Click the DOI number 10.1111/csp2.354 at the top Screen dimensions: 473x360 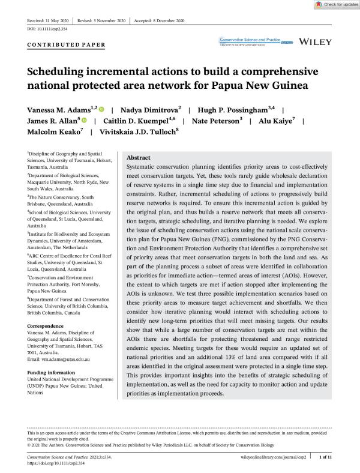(x=49, y=29)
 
